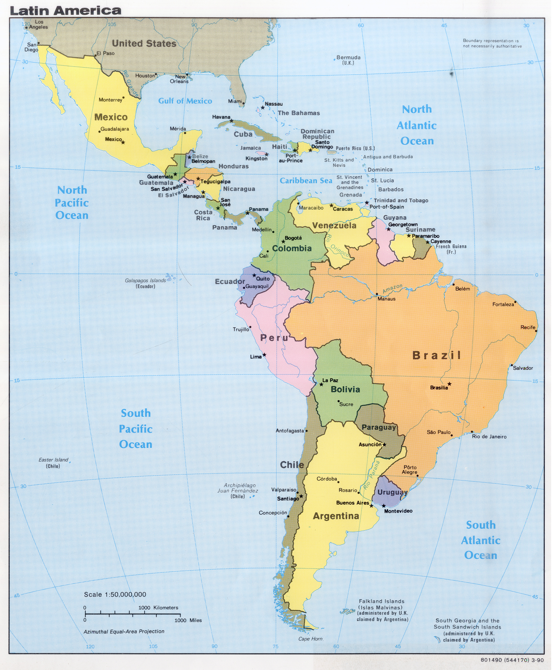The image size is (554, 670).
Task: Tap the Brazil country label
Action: click(436, 355)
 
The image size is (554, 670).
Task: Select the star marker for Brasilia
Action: click(449, 384)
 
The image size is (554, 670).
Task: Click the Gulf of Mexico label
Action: click(185, 101)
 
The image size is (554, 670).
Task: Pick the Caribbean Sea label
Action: click(306, 181)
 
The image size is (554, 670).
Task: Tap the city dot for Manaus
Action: click(377, 294)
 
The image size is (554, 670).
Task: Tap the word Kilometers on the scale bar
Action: click(166, 608)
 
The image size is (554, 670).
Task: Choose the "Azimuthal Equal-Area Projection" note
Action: click(124, 631)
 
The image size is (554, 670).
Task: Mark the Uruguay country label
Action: click(392, 492)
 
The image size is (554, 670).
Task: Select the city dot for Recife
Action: click(536, 331)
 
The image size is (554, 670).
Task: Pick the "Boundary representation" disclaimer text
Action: click(492, 43)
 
